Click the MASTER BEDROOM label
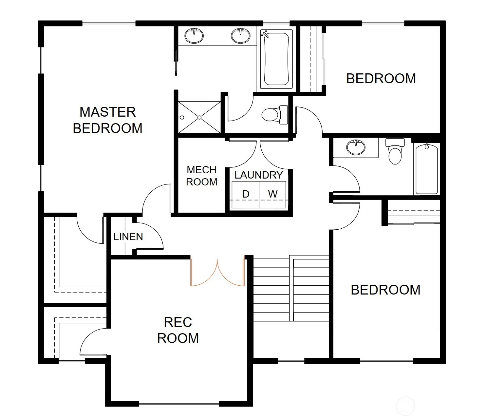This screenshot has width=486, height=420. coord(108,120)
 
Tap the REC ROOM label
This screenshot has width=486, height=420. coord(178,330)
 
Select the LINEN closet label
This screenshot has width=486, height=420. coord(128,237)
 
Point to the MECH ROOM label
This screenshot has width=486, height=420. coord(201,176)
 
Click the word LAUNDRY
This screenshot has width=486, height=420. coord(259,175)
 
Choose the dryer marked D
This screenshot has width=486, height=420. coord(246,195)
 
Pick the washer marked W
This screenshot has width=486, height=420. coord(272,195)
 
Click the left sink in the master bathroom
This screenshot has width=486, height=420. coord(194,36)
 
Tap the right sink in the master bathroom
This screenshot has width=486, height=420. coord(240,36)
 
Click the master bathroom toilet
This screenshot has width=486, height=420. coord(275,115)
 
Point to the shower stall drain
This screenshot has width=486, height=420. coord(199,117)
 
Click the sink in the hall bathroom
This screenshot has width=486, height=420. coord(356,147)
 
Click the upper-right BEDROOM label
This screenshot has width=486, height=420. coord(381,79)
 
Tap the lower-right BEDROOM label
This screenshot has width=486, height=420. coord(385,290)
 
